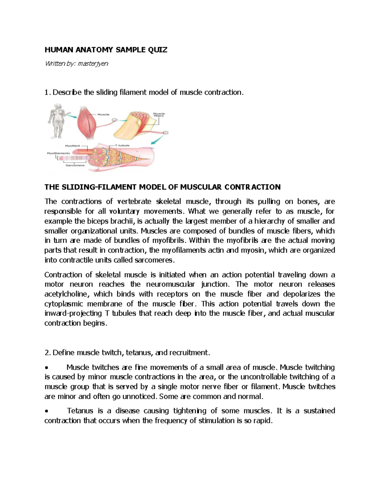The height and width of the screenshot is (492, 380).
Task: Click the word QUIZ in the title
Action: [157, 50]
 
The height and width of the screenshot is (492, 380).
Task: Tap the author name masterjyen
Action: [93, 64]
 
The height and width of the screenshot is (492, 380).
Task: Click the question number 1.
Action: [47, 93]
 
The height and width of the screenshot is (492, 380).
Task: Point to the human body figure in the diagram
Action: [56, 120]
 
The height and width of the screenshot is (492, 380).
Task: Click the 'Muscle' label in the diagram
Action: [104, 114]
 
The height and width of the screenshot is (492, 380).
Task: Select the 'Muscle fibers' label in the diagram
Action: [159, 114]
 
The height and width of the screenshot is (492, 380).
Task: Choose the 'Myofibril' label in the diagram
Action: [72, 146]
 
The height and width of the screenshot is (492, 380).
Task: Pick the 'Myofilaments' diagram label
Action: [59, 153]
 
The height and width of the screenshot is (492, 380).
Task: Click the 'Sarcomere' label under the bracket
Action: [75, 165]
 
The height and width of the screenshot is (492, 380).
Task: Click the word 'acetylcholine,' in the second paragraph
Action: [67, 294]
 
